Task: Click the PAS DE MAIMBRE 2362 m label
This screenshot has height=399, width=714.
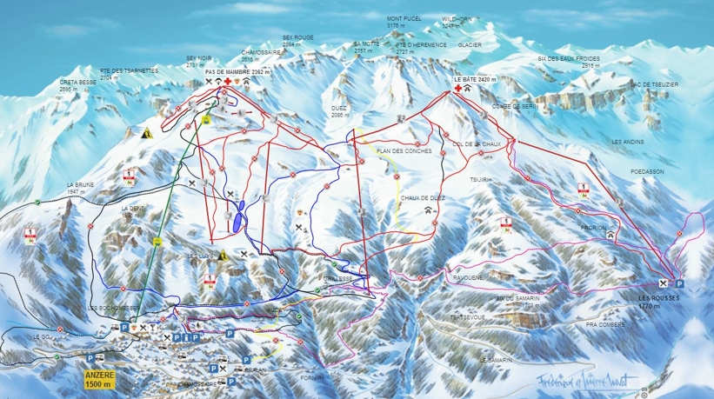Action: click(237, 72)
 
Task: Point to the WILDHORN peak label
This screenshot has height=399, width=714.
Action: click(456, 18)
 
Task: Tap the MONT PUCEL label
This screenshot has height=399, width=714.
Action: click(404, 18)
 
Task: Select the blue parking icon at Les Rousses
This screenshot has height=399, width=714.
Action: click(679, 283)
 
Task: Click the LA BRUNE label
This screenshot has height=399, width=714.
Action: click(81, 184)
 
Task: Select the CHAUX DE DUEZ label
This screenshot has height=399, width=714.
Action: click(423, 198)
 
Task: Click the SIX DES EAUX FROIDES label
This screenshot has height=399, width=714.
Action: click(569, 58)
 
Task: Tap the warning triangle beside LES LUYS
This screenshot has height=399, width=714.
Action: click(224, 256)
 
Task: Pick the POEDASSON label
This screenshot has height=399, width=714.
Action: click(647, 172)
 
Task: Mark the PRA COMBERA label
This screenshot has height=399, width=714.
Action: click(605, 324)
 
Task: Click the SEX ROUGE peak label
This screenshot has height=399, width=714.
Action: click(298, 38)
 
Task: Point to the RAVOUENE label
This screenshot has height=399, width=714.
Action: click(468, 277)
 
